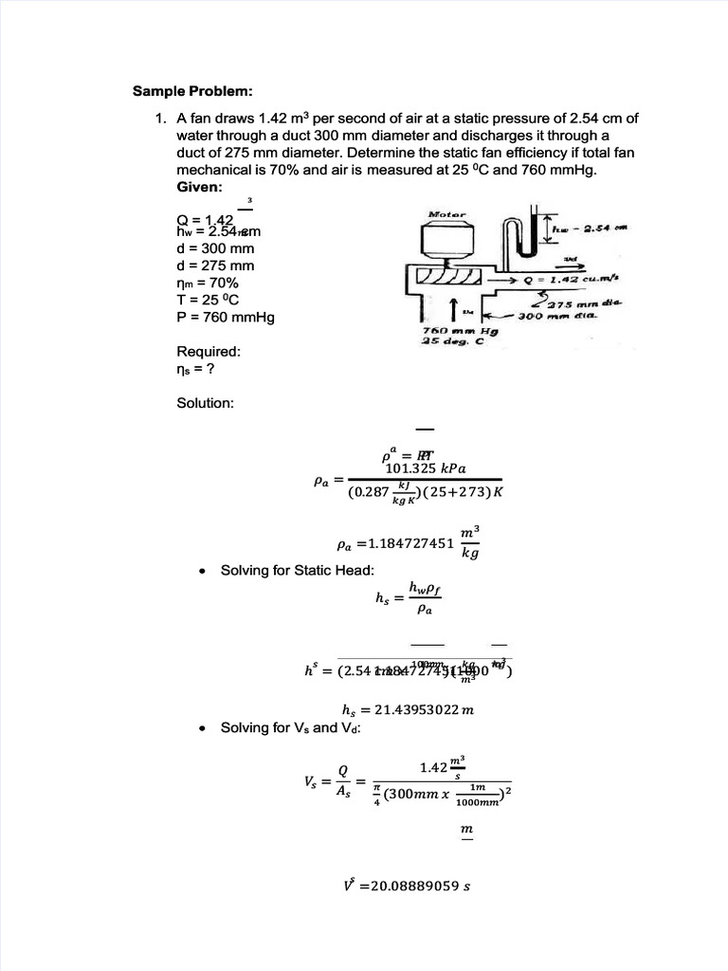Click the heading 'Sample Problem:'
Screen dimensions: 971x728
[x=192, y=92]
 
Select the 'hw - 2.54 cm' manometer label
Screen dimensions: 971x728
[x=591, y=229]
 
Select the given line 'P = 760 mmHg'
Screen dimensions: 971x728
[x=225, y=317]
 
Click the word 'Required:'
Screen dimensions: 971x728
[x=209, y=351]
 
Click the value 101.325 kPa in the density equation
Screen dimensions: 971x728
[x=426, y=467]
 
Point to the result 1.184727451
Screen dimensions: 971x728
[x=399, y=545]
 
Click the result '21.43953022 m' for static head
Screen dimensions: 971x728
[x=412, y=707]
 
